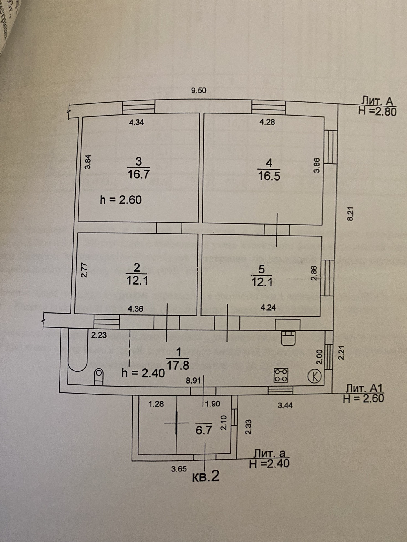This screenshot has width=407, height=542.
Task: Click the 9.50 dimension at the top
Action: tap(199, 91)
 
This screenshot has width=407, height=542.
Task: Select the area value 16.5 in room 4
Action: tap(269, 176)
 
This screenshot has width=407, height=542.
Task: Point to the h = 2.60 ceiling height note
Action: tap(121, 200)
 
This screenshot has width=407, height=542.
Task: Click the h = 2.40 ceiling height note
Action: tap(143, 373)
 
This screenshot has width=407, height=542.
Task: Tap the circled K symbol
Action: tap(315, 376)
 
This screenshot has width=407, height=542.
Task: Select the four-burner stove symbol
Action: tap(281, 375)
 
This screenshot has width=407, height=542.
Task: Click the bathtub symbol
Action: tap(78, 350)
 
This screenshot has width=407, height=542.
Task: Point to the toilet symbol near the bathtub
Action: tap(99, 377)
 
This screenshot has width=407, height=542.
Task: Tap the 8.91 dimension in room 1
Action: tap(193, 381)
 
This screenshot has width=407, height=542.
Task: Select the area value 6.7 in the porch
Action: tap(204, 430)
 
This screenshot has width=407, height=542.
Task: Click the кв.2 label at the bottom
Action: tap(205, 476)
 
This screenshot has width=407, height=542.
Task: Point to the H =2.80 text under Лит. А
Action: tap(377, 111)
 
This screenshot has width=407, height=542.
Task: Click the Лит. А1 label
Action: tap(364, 389)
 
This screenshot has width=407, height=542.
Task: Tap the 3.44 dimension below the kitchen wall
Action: tap(285, 406)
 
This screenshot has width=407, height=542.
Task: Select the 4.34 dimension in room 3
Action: tap(136, 122)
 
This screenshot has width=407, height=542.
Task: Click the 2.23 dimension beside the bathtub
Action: tap(99, 335)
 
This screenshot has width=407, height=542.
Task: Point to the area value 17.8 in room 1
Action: tap(178, 366)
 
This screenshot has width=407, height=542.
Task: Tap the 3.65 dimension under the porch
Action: tap(179, 469)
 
